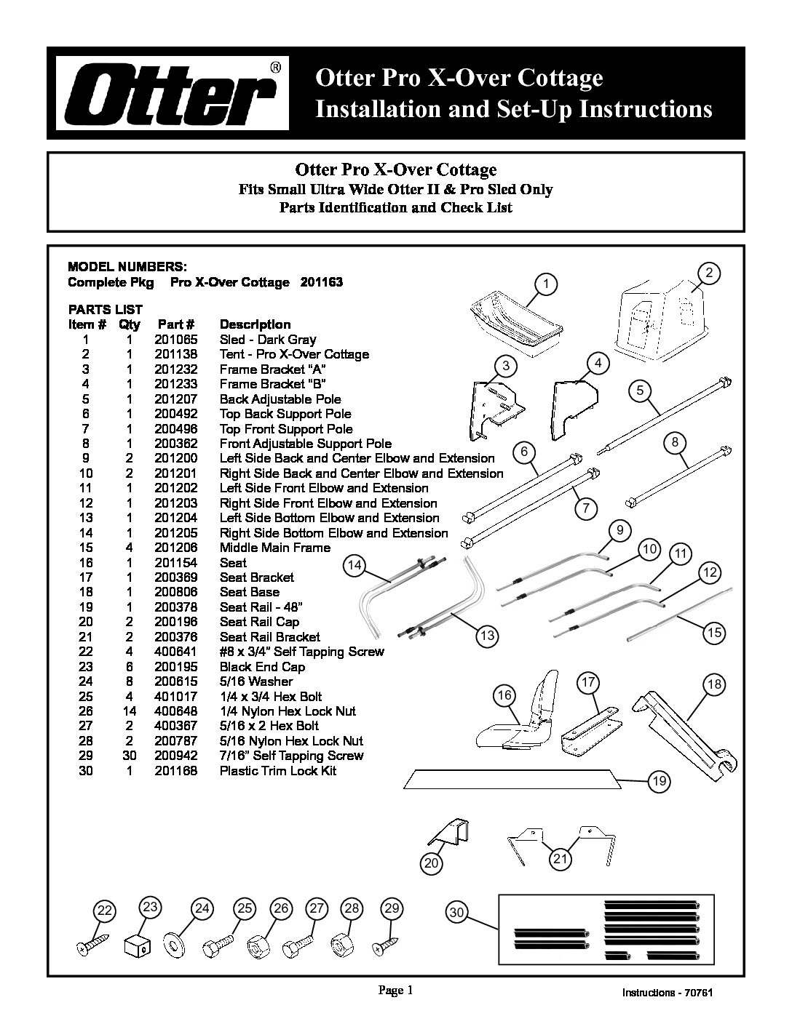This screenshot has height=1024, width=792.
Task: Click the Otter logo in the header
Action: point(173,93)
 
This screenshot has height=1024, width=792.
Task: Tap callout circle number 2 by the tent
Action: point(708,273)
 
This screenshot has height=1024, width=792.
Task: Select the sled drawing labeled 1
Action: point(517,323)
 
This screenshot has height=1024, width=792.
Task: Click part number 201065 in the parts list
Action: point(176,340)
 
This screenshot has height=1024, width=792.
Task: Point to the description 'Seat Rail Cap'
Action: point(259,622)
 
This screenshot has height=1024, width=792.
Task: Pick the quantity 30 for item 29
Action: point(130,756)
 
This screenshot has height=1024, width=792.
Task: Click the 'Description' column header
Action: point(256,324)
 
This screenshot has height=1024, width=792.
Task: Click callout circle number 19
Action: point(659,781)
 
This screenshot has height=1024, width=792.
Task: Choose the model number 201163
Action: point(322,282)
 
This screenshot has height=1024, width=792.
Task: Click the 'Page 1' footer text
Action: point(395,990)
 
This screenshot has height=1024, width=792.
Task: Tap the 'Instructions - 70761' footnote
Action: point(667,993)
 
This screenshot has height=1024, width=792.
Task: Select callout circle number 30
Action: point(456,913)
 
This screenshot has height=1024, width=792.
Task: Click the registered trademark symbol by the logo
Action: point(276,68)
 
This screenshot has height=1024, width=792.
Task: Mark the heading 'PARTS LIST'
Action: point(106,310)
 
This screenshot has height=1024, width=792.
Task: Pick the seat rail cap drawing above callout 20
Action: point(448,833)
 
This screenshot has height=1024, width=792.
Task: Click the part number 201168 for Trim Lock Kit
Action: point(176,770)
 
